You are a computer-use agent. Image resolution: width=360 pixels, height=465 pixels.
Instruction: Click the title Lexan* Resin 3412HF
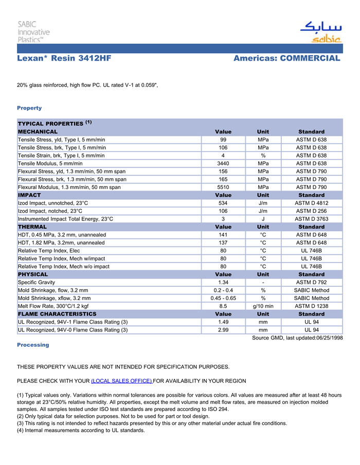(x=64, y=59)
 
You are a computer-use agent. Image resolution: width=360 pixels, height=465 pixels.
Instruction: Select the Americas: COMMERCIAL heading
(x=286, y=59)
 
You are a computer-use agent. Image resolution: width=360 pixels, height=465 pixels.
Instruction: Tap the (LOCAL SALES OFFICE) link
(x=121, y=381)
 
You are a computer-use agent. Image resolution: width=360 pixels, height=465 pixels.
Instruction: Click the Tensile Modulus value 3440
(x=223, y=163)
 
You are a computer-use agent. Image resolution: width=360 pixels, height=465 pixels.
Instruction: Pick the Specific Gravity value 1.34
(x=223, y=282)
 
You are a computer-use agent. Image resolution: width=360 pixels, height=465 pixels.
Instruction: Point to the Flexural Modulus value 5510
(x=223, y=187)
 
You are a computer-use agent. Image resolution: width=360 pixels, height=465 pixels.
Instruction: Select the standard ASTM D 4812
(x=311, y=203)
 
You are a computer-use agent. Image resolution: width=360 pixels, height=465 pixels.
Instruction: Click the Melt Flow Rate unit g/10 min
(x=263, y=306)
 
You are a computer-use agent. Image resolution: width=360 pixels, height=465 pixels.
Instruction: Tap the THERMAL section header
(x=32, y=227)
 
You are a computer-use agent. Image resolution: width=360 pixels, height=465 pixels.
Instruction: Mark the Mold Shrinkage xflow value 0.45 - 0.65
(x=223, y=298)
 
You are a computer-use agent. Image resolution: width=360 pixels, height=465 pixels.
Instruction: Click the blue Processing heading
(x=33, y=345)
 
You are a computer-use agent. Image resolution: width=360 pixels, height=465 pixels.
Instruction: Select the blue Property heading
(x=29, y=108)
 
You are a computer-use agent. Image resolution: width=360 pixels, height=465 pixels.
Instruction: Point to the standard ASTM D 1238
(x=311, y=306)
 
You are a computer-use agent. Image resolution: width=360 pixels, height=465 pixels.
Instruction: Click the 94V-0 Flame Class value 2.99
(x=223, y=330)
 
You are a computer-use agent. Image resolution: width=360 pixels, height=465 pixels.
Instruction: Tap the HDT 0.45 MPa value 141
(x=223, y=235)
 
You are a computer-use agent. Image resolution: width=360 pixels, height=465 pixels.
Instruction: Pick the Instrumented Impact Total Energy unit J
(x=263, y=219)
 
